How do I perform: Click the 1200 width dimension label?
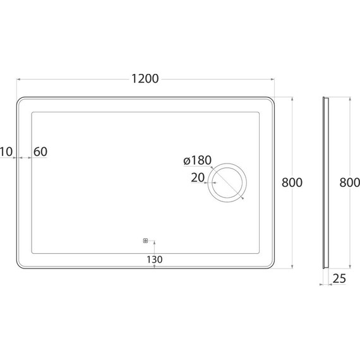pos(145,78)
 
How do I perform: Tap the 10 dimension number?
pos(7,152)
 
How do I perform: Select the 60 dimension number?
pos(40,152)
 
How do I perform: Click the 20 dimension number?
pos(197,178)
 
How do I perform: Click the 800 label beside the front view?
pos(292,183)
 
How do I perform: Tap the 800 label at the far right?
pos(349,183)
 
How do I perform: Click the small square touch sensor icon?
pos(145,240)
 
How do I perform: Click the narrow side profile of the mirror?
pos(326,183)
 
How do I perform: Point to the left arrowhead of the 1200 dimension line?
pos(19,79)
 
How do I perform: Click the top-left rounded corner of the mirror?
pos(22,102)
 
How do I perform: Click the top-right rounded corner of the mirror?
pos(270,102)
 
